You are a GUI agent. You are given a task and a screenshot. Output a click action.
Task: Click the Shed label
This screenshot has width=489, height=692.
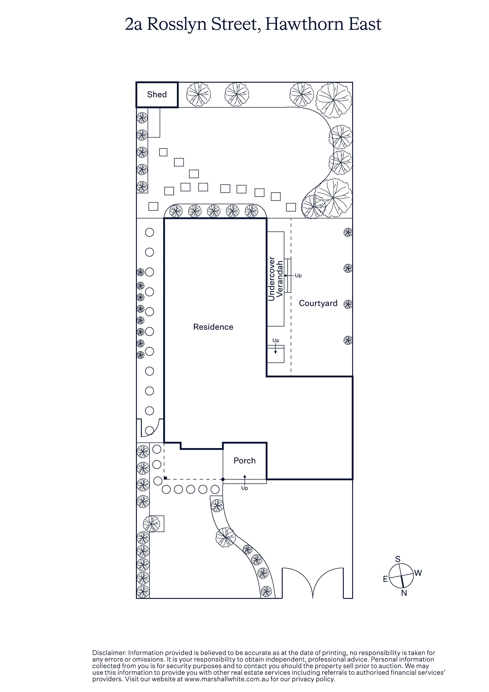click(x=157, y=95)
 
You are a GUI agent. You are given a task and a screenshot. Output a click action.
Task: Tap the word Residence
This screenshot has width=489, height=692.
click(x=213, y=327)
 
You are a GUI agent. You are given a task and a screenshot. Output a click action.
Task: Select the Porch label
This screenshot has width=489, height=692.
click(x=244, y=461)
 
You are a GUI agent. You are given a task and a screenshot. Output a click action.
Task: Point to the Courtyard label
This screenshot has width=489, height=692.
click(x=318, y=303)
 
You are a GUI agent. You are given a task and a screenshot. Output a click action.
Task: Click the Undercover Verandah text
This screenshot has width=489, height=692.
click(x=276, y=279)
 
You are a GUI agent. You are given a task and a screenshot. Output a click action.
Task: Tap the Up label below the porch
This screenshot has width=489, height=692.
click(x=244, y=488)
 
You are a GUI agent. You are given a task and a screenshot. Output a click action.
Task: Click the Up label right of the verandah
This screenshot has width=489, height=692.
click(x=298, y=275)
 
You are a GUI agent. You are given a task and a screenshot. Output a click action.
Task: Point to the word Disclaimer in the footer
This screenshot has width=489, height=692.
click(x=109, y=653)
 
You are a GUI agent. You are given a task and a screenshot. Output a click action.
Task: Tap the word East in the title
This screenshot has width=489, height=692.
click(x=365, y=24)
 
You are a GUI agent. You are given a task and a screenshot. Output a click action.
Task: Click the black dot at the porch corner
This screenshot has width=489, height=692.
click(x=223, y=479)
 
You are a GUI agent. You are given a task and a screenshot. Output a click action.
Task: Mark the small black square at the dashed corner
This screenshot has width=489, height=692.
click(x=165, y=478)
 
